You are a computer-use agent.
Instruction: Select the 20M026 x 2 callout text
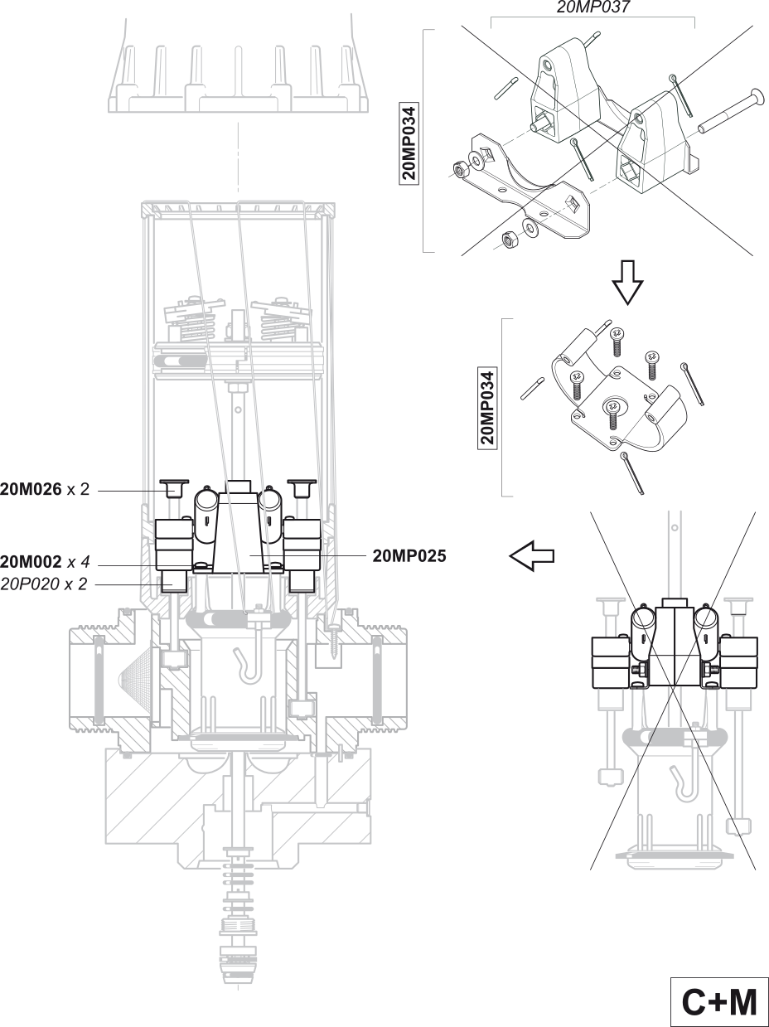pyautogui.click(x=45, y=489)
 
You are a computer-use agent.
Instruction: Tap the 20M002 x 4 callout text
pyautogui.click(x=45, y=562)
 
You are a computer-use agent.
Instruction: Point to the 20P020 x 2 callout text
pyautogui.click(x=45, y=584)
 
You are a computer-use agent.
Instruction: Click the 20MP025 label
pyautogui.click(x=409, y=555)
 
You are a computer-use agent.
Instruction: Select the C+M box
pyautogui.click(x=718, y=1002)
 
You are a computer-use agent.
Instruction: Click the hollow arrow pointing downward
pyautogui.click(x=627, y=285)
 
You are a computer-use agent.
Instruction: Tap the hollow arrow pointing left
pyautogui.click(x=532, y=556)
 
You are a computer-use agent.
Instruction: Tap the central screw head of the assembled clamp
pyautogui.click(x=613, y=407)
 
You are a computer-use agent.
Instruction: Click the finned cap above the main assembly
pyautogui.click(x=238, y=79)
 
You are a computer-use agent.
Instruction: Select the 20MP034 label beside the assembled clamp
pyautogui.click(x=490, y=408)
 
